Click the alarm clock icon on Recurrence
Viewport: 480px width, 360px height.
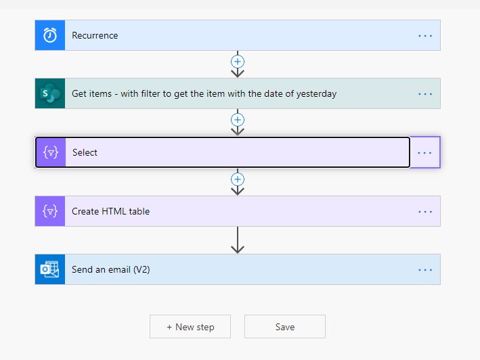[50, 35]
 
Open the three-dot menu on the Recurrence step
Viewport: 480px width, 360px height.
[425, 36]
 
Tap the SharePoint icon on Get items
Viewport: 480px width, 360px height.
[50, 93]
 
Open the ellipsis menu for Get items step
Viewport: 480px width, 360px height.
[425, 94]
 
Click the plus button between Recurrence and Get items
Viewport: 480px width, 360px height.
[238, 62]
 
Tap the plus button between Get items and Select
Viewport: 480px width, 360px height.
[238, 120]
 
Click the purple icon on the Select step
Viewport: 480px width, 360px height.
[51, 152]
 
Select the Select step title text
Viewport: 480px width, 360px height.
[85, 152]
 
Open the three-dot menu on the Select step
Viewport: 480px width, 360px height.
[424, 153]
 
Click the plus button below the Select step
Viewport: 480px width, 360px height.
[238, 179]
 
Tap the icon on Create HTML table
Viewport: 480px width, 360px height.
[50, 211]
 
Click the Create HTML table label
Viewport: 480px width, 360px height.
[110, 211]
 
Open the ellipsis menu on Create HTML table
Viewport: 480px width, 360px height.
[425, 212]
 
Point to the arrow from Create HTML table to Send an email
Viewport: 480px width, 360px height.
[238, 240]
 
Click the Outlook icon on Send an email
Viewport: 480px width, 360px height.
[49, 269]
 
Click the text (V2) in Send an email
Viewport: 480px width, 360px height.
[141, 269]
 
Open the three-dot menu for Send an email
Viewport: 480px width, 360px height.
[425, 270]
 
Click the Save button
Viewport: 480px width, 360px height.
[285, 327]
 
